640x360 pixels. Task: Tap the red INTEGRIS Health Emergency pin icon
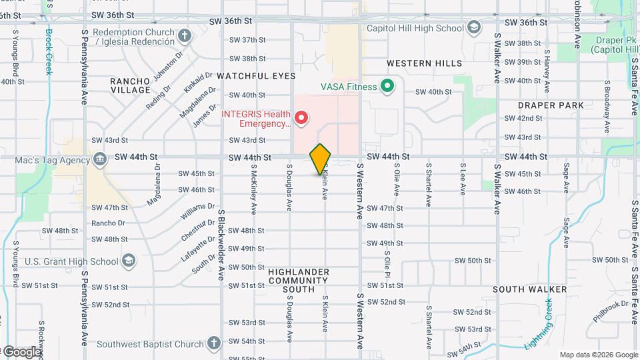click(301, 119)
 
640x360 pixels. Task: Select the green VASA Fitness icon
click(386, 86)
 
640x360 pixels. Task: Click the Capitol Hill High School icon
click(473, 28)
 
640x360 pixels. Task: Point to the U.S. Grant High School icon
click(129, 261)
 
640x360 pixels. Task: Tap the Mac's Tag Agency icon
click(99, 160)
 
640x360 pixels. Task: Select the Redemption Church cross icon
click(185, 33)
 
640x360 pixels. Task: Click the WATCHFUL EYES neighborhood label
click(256, 77)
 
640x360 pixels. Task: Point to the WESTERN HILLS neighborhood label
click(424, 63)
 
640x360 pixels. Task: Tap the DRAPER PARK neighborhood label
click(551, 105)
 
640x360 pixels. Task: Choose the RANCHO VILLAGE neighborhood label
click(130, 85)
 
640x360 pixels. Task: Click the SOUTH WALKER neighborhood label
click(530, 289)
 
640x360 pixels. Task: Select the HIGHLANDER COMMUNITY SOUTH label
click(299, 281)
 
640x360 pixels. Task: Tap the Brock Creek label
click(48, 52)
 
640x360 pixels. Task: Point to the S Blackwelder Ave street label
click(220, 243)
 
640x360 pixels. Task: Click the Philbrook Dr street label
click(611, 311)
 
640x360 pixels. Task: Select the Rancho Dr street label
click(109, 223)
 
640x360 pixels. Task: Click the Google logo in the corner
click(21, 351)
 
